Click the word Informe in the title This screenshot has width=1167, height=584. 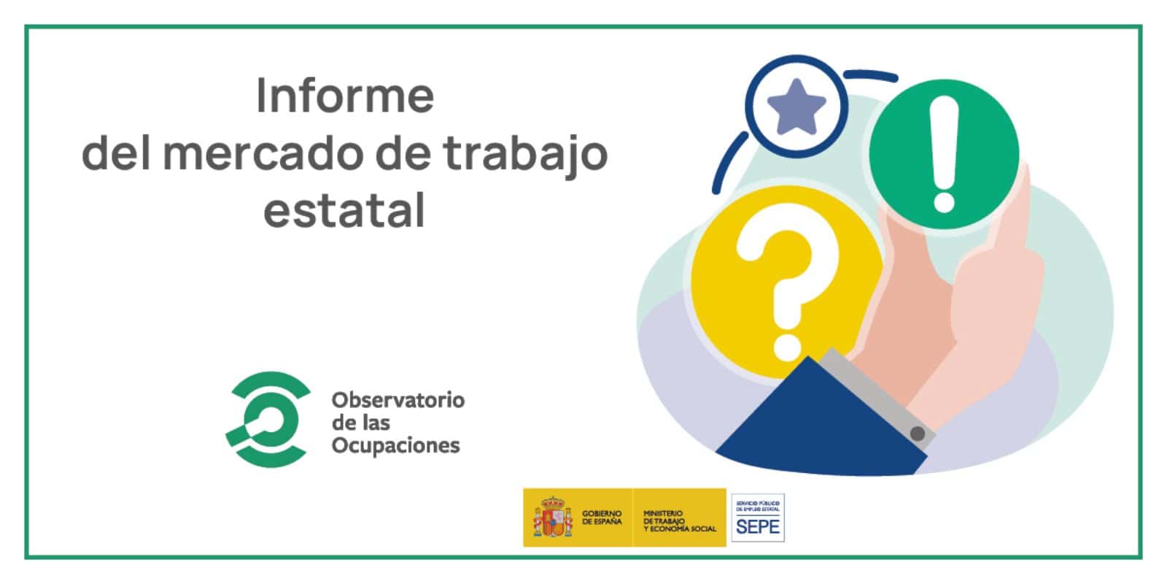[x=345, y=97]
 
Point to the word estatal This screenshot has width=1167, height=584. [x=344, y=211]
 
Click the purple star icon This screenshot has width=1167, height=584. [x=796, y=107]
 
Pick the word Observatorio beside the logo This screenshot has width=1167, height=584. [x=398, y=400]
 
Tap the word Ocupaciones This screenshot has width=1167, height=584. [x=395, y=445]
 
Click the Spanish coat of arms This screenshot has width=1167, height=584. [x=553, y=518]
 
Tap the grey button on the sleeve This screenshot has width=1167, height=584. [x=918, y=434]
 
